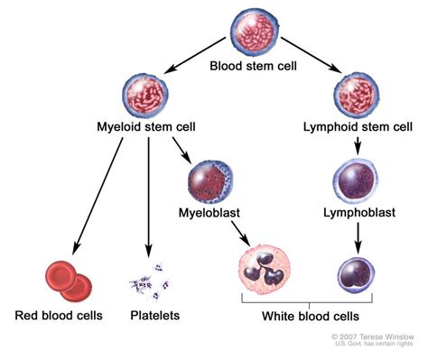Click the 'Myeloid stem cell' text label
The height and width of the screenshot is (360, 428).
[146, 129]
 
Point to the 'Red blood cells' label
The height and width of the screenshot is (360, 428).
[60, 316]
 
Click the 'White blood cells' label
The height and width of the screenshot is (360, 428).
[310, 317]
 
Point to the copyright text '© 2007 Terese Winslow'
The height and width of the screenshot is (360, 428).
[373, 335]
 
